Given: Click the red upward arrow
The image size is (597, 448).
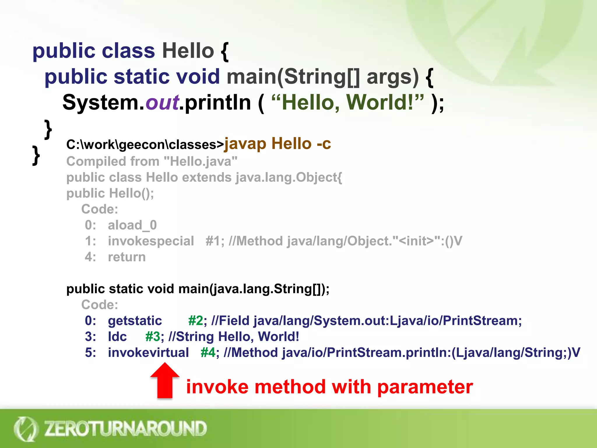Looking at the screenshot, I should (165, 381).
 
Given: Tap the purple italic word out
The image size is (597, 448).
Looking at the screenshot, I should (162, 103).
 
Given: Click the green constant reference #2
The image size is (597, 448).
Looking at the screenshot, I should (195, 321).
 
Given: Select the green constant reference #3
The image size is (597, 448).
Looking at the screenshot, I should (152, 337).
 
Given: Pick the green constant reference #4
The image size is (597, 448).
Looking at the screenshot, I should (208, 353).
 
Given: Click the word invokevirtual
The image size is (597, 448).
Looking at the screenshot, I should (148, 353).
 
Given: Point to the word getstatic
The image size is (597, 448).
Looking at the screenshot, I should (135, 321).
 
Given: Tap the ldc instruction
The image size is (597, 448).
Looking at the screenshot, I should (117, 337).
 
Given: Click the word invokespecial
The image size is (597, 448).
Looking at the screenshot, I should (151, 241).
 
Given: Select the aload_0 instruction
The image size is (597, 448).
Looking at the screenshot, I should (132, 225).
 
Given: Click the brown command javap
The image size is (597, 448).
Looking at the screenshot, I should (245, 144).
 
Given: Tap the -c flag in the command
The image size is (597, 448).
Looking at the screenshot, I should (324, 144).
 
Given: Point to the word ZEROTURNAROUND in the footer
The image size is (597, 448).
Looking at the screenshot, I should (125, 428).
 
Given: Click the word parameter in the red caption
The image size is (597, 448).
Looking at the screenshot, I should (425, 387).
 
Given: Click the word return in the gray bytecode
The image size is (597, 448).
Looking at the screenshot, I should (127, 257).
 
